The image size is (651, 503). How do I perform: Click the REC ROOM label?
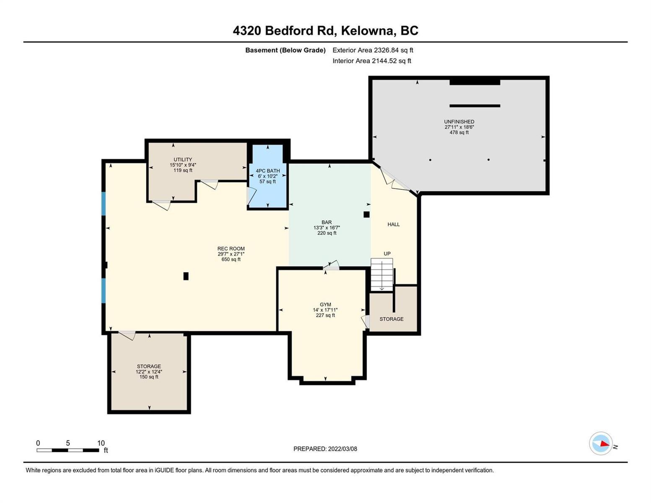pos(231,248)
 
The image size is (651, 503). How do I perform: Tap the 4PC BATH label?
pos(267,171)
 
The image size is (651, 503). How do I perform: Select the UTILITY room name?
pos(183,159)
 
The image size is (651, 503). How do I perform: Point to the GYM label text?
pos(325,304)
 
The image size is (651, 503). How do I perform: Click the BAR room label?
pos(327,222)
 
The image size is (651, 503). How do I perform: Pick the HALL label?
pos(393,224)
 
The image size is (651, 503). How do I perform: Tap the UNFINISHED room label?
pos(459,122)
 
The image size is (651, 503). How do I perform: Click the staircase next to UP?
pos(382,275)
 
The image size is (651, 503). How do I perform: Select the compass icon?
pos(601,443)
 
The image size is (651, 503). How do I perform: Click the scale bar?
pos(68,450)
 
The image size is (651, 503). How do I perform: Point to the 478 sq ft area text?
pos(459,132)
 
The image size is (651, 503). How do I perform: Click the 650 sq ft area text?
pos(231,259)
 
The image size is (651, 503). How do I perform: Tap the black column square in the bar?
pos(366,215)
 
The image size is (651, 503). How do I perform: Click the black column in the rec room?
pos(186,276)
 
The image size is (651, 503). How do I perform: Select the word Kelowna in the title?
pos(367,31)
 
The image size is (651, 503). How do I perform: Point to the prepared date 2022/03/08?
pos(343,449)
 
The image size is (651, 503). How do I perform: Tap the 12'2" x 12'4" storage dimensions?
pos(149,371)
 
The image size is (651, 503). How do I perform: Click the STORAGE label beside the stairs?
pos(391,319)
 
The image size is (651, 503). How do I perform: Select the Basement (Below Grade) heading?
pos(285,50)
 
